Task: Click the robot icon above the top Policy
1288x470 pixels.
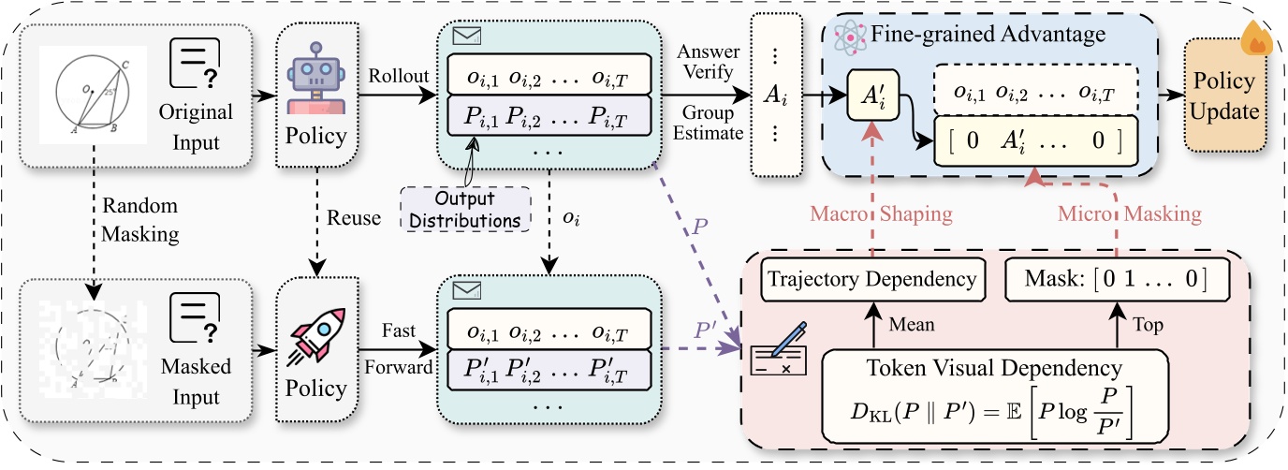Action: pyautogui.click(x=316, y=79)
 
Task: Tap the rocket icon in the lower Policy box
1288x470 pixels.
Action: pyautogui.click(x=316, y=336)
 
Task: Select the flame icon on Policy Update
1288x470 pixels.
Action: pyautogui.click(x=1256, y=38)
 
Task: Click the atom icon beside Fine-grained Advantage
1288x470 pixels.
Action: pyautogui.click(x=850, y=37)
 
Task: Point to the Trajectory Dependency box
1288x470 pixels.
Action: pyautogui.click(x=872, y=280)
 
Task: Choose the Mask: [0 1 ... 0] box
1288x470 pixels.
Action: pyautogui.click(x=1117, y=280)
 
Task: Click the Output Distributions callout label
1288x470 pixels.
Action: pyautogui.click(x=464, y=210)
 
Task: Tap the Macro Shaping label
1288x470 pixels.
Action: pyautogui.click(x=881, y=213)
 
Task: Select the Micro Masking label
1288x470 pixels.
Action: pyautogui.click(x=1129, y=213)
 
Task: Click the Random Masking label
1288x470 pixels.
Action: pyautogui.click(x=139, y=220)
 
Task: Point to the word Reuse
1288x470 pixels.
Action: pyautogui.click(x=354, y=217)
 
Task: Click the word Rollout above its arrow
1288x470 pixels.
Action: pyautogui.click(x=399, y=75)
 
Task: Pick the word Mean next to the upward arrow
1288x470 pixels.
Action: pyautogui.click(x=912, y=325)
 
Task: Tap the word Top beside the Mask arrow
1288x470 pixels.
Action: pyautogui.click(x=1148, y=325)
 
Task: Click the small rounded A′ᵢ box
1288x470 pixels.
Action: pyautogui.click(x=872, y=95)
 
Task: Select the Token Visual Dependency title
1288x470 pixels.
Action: pyautogui.click(x=994, y=368)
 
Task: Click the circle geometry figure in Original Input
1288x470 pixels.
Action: pyautogui.click(x=94, y=95)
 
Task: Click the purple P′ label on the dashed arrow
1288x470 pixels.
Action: pyautogui.click(x=705, y=330)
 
